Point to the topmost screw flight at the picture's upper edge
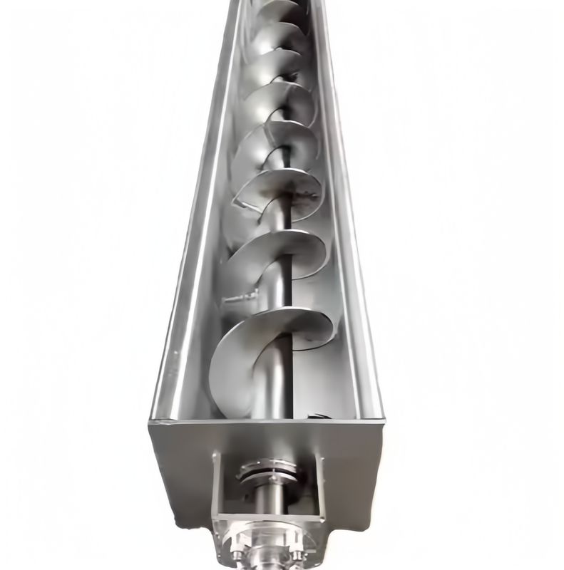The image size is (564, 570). [275, 9]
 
